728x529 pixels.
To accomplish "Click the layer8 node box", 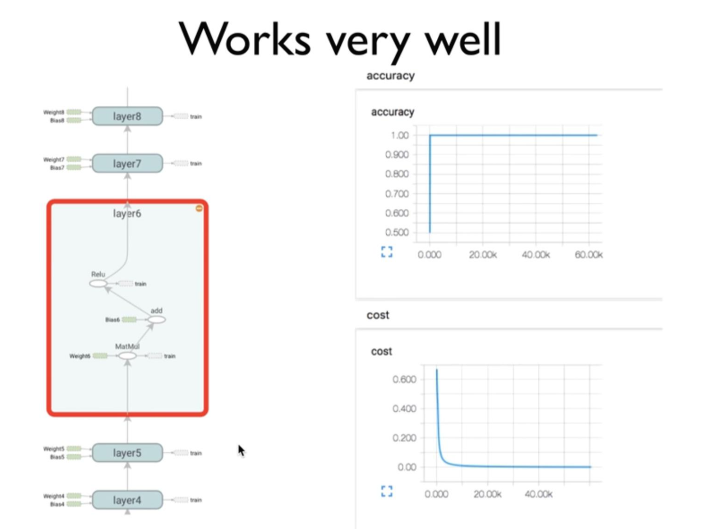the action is click(127, 116).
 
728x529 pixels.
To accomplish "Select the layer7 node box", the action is click(127, 164).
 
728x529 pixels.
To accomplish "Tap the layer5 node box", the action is click(127, 453).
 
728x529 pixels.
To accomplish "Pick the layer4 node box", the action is click(127, 500).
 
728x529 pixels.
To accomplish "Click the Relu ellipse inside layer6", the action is click(98, 283).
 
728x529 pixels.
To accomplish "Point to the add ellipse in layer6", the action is click(156, 319).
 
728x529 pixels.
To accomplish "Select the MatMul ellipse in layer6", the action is click(127, 356).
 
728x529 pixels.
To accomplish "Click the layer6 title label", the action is click(127, 213).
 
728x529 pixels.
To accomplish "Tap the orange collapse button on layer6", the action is click(199, 208).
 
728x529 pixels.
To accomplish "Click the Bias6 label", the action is click(112, 320).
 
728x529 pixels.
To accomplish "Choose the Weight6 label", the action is click(80, 356).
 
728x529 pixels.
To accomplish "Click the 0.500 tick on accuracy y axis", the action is click(397, 232).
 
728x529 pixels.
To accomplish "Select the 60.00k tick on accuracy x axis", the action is click(589, 254).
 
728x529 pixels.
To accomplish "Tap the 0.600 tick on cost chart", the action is click(404, 379).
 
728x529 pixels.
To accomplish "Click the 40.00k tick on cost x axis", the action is click(538, 494).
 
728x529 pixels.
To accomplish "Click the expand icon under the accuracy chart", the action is click(387, 252).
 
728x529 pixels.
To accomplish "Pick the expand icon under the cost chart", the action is click(387, 491).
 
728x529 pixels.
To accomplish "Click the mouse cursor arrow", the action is click(241, 450).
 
